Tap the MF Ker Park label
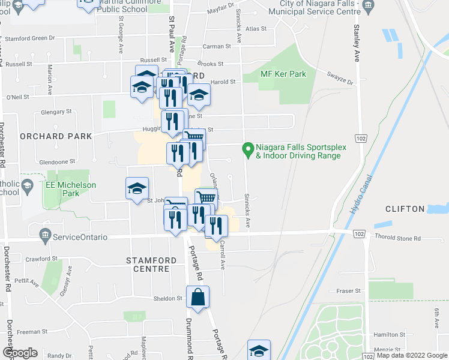click(283, 74)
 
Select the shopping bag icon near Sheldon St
click(197, 296)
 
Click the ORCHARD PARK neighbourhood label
click(56, 136)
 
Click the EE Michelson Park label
click(71, 189)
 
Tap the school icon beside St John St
click(137, 187)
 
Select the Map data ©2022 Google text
click(412, 355)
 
